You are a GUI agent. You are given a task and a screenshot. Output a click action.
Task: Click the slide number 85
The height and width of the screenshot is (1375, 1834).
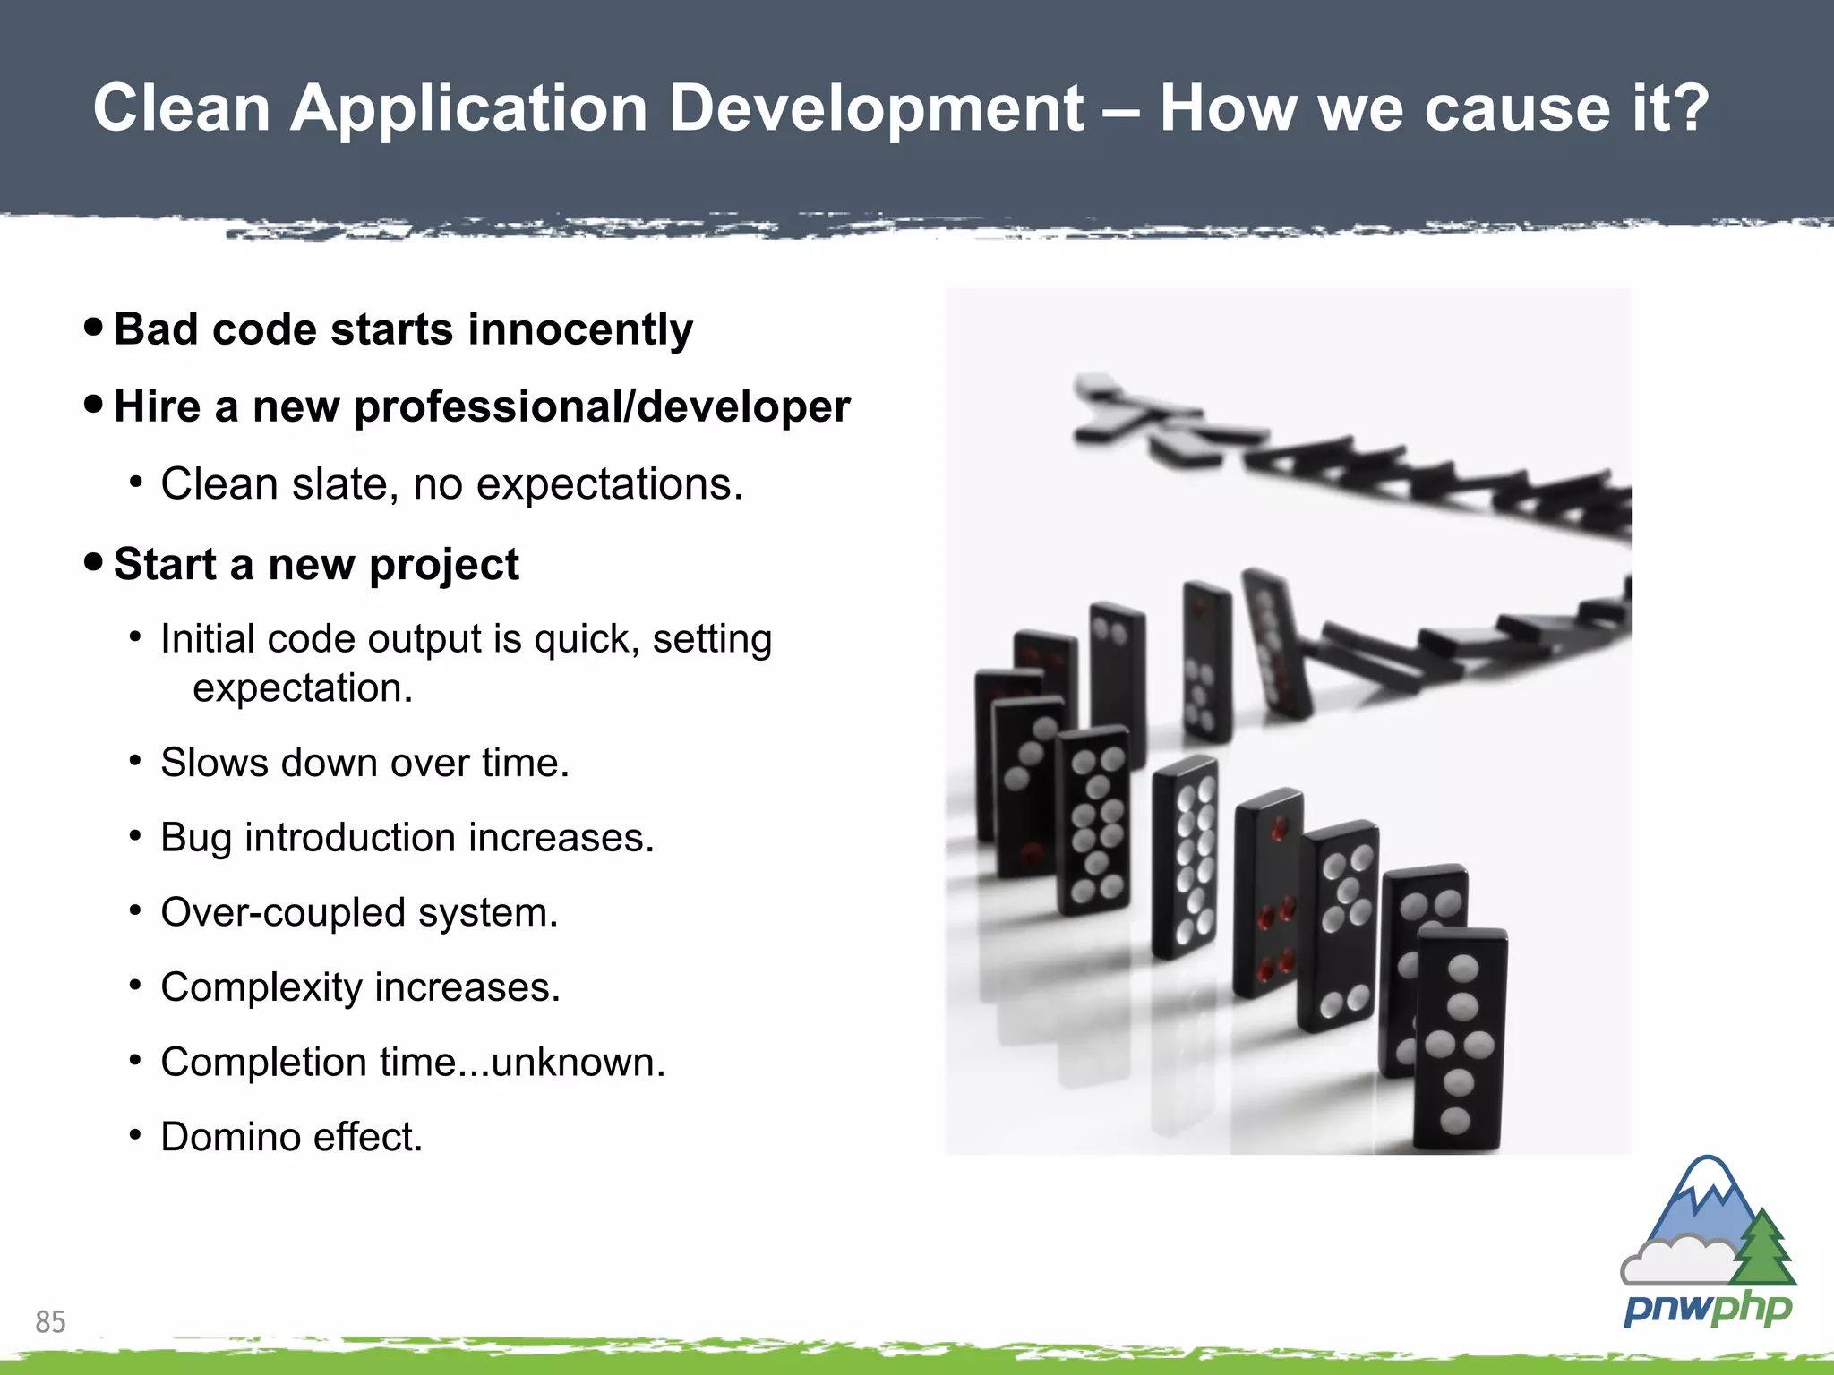(x=50, y=1321)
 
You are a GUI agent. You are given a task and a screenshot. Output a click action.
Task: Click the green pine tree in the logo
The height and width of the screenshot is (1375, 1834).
(x=1763, y=1249)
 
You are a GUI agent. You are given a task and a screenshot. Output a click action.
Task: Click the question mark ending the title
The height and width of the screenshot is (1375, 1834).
(x=1690, y=108)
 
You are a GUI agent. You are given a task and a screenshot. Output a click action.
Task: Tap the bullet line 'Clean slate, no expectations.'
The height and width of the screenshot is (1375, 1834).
(x=452, y=484)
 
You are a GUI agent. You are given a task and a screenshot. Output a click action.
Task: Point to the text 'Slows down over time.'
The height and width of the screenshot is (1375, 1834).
(x=364, y=763)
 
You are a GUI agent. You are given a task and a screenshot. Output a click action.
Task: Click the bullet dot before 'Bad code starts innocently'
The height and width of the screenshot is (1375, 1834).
(x=93, y=327)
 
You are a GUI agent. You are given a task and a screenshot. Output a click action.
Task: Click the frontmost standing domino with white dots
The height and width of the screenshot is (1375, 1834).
(x=1459, y=1038)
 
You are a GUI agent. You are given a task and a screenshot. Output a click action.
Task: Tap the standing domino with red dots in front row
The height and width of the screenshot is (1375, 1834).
(x=1268, y=895)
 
